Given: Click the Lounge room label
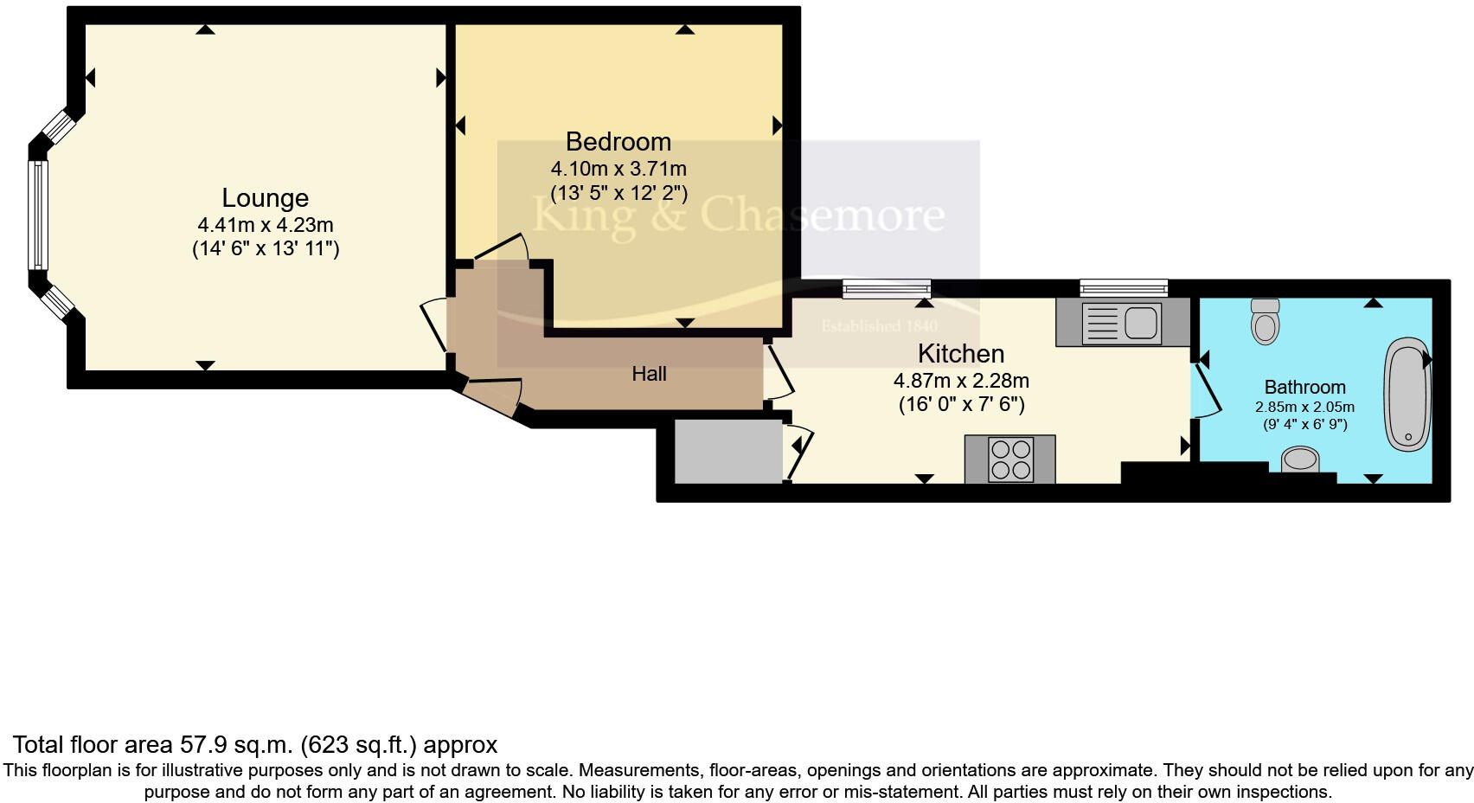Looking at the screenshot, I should click(x=265, y=198).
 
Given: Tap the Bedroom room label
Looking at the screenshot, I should click(x=618, y=142).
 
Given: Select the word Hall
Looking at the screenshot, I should click(x=649, y=374).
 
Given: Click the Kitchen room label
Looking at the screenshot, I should click(x=960, y=354).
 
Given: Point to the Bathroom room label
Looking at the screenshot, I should click(x=1304, y=388).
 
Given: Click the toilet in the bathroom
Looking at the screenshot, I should click(x=1265, y=322).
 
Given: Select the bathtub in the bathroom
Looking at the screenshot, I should click(x=1407, y=395).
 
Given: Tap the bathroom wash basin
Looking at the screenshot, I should click(x=1299, y=459).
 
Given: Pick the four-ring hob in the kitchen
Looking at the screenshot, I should click(x=1010, y=459).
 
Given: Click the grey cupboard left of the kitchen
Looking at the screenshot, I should click(x=727, y=451).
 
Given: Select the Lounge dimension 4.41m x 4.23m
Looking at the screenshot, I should click(x=265, y=225).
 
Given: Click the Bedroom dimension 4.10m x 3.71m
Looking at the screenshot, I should click(x=618, y=169).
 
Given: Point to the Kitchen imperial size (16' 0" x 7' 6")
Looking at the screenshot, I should click(x=961, y=404).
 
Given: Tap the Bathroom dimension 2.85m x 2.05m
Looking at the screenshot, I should click(x=1304, y=407).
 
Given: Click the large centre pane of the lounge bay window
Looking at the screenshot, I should click(x=38, y=215).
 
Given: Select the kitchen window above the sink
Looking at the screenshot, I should click(x=1123, y=289).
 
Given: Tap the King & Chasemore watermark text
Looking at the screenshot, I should click(x=737, y=214).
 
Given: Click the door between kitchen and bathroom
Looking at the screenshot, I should click(x=1207, y=390).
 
